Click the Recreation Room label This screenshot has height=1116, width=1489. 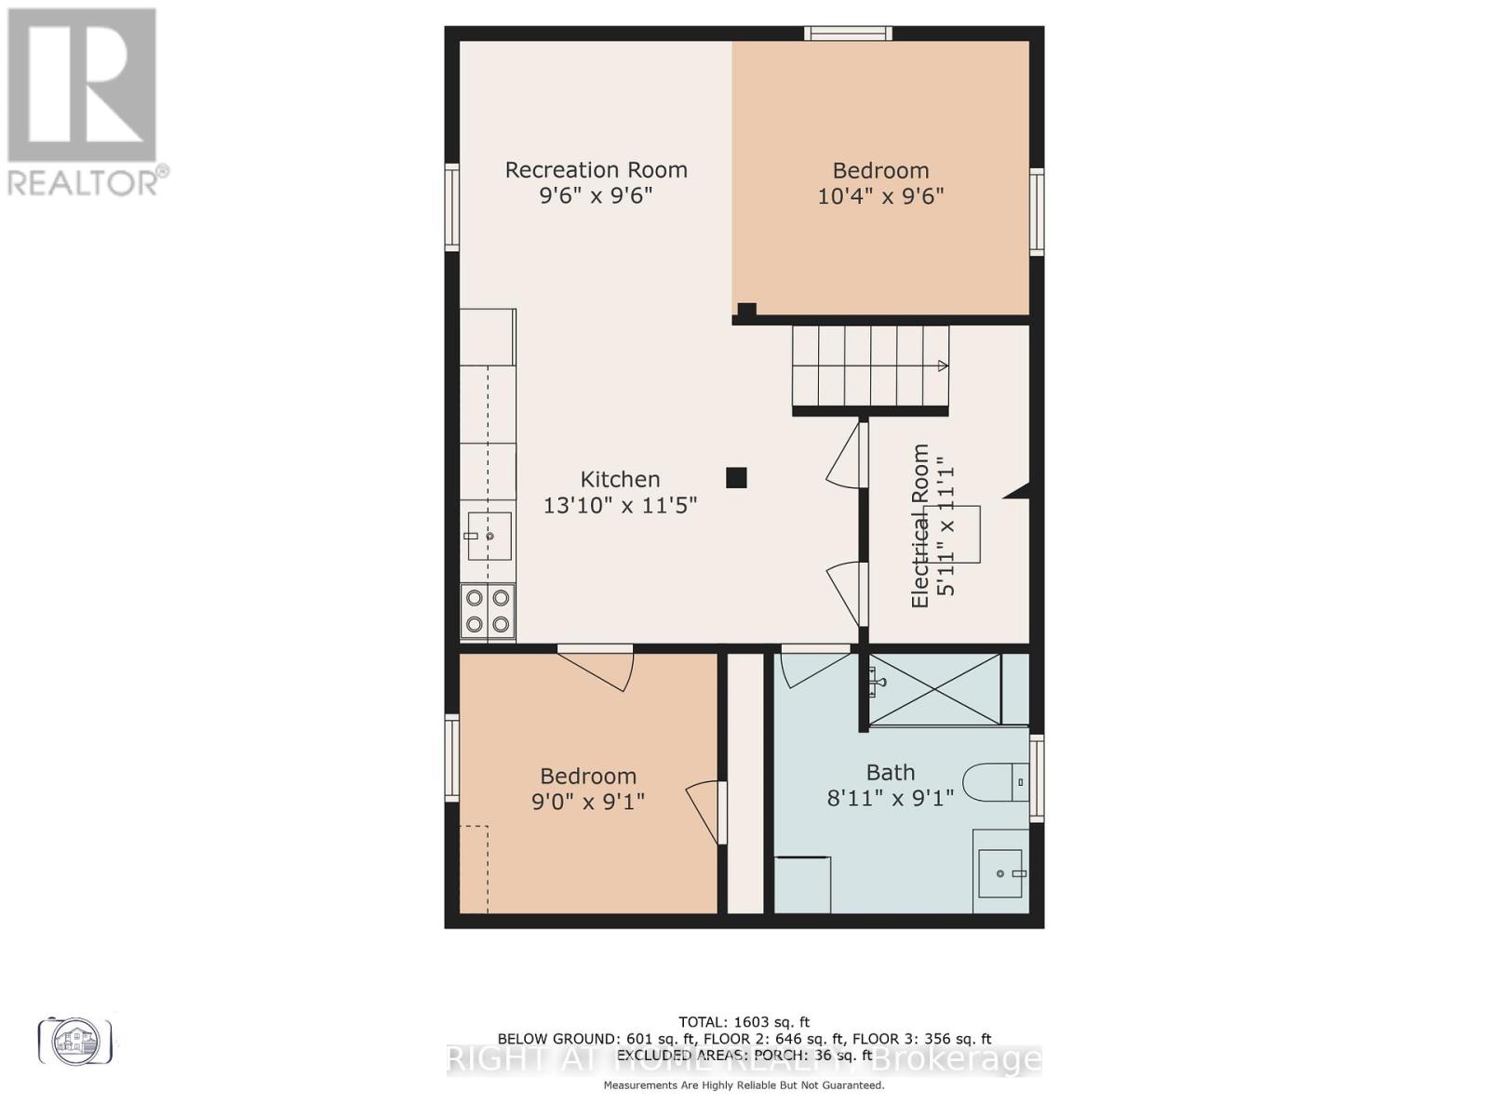click(596, 169)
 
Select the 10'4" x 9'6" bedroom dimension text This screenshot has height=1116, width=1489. click(880, 196)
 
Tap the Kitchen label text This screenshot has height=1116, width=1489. click(620, 479)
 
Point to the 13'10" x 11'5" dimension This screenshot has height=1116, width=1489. click(620, 505)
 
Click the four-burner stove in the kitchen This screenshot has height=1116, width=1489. click(488, 611)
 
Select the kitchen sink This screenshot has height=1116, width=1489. click(489, 536)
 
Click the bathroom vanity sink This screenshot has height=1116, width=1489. click(1000, 873)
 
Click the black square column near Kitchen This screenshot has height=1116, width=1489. click(736, 477)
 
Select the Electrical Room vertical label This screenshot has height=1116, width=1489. click(920, 526)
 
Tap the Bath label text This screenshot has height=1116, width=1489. click(891, 772)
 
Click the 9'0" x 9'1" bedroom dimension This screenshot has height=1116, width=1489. click(588, 802)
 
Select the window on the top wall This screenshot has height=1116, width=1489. click(848, 33)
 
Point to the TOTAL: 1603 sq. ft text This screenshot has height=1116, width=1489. click(744, 1022)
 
